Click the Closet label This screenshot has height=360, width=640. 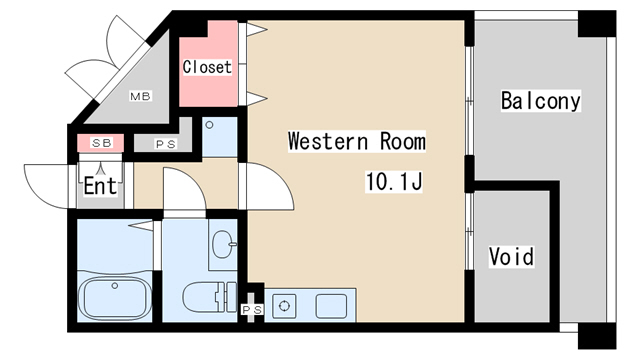[207, 67]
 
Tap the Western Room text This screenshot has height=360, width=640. [357, 141]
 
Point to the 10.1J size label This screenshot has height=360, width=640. [394, 182]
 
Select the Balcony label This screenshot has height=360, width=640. [541, 101]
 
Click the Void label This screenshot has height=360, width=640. [511, 256]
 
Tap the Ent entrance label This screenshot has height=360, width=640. [100, 186]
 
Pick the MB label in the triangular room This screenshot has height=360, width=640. [140, 96]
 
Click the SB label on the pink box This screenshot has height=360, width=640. [102, 143]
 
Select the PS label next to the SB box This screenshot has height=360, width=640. [166, 144]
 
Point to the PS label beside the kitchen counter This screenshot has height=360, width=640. [253, 310]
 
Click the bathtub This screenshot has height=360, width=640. [115, 297]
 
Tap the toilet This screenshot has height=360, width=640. [209, 297]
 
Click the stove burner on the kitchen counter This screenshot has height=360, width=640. [284, 306]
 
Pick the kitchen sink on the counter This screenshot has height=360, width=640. [331, 306]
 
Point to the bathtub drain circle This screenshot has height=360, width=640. [115, 286]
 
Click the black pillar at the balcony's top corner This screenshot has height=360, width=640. [597, 24]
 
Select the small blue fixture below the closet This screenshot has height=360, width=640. [220, 137]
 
